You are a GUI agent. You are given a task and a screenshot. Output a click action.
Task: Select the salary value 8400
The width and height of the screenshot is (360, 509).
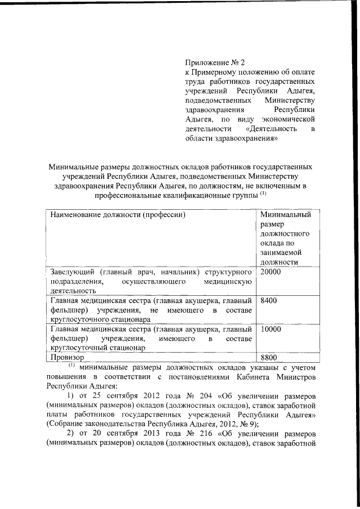pos(268,301)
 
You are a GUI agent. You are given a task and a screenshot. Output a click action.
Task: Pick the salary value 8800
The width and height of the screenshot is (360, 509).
pos(268,357)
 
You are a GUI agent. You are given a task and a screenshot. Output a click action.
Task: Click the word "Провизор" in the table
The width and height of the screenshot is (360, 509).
pos(67,357)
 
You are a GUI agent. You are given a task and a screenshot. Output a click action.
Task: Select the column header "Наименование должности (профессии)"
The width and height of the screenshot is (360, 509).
pos(118,214)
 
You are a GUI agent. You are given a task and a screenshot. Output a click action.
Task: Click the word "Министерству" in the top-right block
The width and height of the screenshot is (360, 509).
pos(288,100)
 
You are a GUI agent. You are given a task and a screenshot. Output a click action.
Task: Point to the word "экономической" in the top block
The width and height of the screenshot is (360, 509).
pos(288,119)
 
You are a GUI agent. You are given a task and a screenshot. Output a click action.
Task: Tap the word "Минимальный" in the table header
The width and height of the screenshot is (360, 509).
pos(286,214)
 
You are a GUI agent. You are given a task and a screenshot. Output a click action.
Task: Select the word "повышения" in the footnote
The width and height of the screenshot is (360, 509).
pos(67,377)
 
